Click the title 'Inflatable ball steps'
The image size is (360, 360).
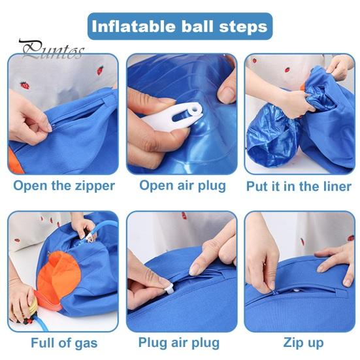180,26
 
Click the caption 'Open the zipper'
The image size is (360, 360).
63,186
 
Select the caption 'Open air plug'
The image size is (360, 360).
182,185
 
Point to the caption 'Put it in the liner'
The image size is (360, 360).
299,186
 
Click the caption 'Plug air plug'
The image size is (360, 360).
179,342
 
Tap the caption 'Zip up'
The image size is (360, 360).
303,342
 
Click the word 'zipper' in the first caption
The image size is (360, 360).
92,186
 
